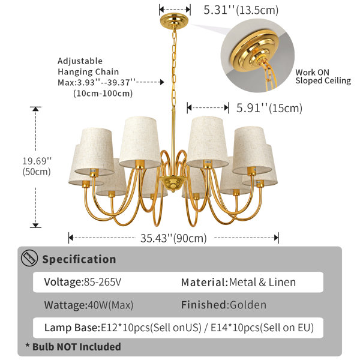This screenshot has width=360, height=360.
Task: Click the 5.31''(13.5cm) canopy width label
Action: (x=241, y=10)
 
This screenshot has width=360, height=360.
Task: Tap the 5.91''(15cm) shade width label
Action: (x=269, y=108)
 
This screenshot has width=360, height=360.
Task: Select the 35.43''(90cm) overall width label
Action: (x=173, y=238)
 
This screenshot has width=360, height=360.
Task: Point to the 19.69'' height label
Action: (x=37, y=161)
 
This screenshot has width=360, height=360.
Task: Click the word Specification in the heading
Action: (x=79, y=259)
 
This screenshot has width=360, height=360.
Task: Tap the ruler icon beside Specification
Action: (x=29, y=258)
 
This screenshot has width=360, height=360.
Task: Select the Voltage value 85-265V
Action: (x=103, y=282)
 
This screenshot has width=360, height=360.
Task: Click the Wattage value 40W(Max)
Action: (x=110, y=305)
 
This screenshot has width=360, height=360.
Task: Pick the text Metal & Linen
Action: (x=262, y=282)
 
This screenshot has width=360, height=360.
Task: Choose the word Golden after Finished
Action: (x=248, y=305)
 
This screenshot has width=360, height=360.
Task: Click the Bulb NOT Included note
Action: (x=73, y=347)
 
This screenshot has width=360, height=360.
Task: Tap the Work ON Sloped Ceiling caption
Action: (x=323, y=77)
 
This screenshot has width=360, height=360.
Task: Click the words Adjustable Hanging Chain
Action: (x=88, y=67)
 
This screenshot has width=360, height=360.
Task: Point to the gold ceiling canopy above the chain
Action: (x=174, y=20)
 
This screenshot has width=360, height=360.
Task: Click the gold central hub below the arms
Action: (x=172, y=183)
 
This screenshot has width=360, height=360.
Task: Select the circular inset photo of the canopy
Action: (x=257, y=56)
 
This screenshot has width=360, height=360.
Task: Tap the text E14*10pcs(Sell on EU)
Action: (x=262, y=328)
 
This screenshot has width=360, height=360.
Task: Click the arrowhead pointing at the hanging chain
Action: (x=162, y=82)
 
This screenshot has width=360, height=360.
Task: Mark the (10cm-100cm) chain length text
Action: (x=103, y=94)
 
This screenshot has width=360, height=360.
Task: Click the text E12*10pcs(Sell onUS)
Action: (x=151, y=328)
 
